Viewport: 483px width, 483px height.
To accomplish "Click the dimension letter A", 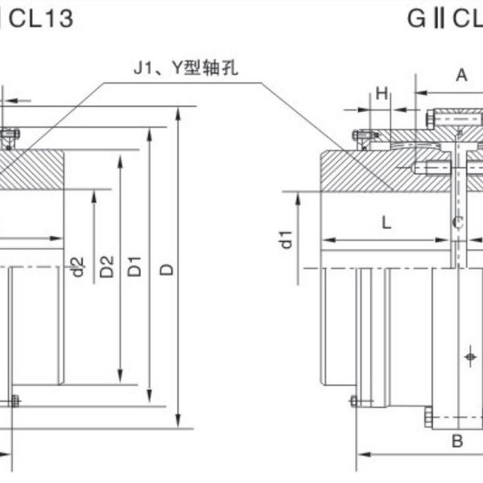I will tap(461, 76).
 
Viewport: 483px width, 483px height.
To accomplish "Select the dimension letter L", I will tap(386, 225).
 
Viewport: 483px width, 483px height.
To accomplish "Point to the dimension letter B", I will tap(456, 441).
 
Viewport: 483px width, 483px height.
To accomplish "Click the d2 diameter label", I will tap(77, 266).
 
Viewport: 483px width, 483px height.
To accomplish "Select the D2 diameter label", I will tap(107, 266).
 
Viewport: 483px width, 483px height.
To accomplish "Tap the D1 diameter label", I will tap(136, 266).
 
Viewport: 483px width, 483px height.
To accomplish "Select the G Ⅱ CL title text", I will tap(443, 18).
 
